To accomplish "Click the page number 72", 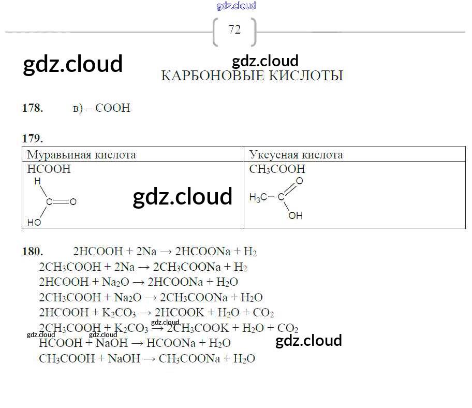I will click(234, 30).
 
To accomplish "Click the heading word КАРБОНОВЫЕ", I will click(208, 76).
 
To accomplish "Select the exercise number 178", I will click(33, 108).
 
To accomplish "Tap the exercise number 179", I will click(33, 138).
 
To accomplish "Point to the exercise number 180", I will click(33, 252).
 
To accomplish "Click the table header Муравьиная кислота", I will click(81, 155).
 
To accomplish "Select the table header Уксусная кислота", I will click(296, 155).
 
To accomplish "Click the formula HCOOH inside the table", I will click(49, 169).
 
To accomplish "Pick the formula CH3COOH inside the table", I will click(277, 169).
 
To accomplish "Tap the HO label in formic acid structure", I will click(34, 223).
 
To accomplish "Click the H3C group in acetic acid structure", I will click(258, 197).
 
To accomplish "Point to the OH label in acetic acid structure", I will click(296, 215).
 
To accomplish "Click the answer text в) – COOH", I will click(101, 108).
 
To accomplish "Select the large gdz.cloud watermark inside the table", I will click(182, 197).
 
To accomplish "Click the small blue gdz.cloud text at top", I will click(236, 6).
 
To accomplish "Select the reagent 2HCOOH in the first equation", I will click(96, 252).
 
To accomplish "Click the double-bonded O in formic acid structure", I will click(73, 202).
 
